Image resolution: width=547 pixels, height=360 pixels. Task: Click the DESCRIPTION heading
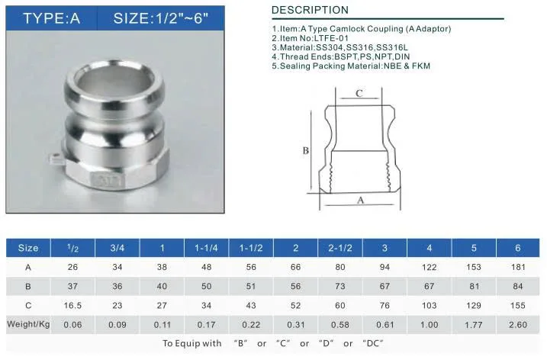click(x=310, y=10)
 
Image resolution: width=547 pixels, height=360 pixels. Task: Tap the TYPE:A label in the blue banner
click(x=52, y=18)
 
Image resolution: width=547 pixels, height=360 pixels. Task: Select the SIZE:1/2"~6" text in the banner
click(x=161, y=18)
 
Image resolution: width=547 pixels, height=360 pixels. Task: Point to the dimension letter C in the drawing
click(x=359, y=93)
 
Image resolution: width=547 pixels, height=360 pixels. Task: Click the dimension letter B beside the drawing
click(x=306, y=150)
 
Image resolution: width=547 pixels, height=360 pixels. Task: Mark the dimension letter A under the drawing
click(x=360, y=200)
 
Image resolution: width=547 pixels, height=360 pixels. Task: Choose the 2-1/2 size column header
click(x=340, y=248)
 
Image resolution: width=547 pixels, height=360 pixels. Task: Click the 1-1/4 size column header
click(x=206, y=248)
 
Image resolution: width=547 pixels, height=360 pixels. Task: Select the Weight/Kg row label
click(x=28, y=324)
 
